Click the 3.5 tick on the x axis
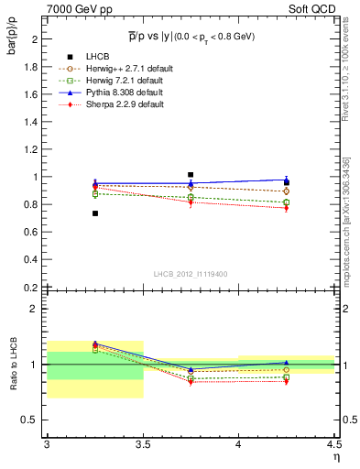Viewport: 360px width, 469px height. coord(143,444)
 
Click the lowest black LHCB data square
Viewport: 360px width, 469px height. coord(95,213)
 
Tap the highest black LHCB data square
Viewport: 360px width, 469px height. coord(191,174)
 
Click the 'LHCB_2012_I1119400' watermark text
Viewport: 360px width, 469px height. coord(191,274)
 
